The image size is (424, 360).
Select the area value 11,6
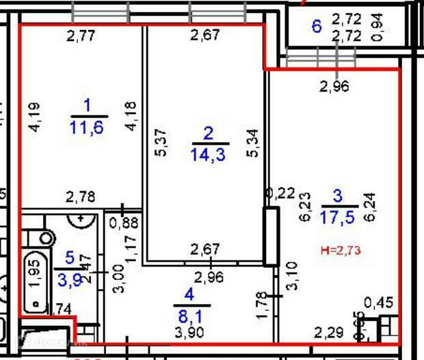click(87, 126)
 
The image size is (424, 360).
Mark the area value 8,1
click(188, 316)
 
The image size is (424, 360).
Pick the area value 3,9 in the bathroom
click(69, 279)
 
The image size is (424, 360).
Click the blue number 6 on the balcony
click(316, 27)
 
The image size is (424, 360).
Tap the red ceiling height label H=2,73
click(340, 251)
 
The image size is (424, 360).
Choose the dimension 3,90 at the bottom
click(189, 333)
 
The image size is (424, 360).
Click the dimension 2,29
click(328, 333)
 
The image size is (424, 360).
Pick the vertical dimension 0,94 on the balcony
click(378, 27)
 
